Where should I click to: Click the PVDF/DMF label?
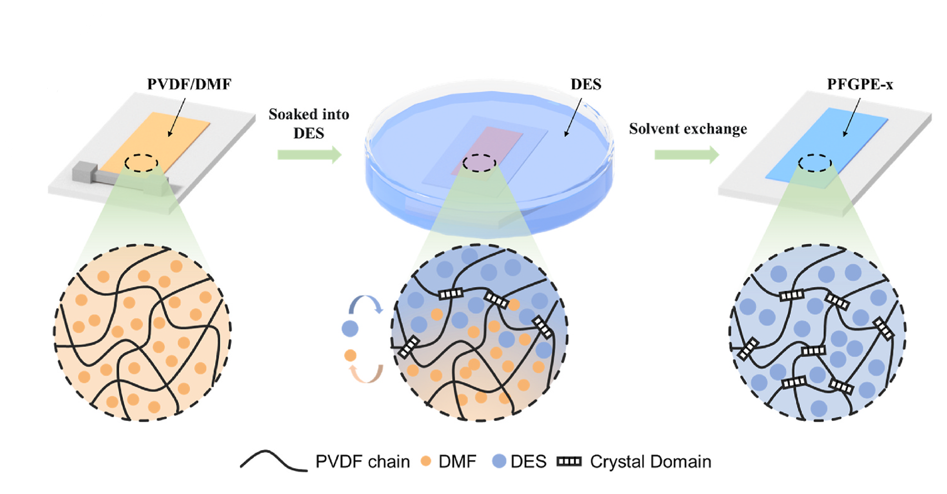(189, 84)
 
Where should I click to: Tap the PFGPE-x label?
(860, 84)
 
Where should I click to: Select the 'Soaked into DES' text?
(309, 123)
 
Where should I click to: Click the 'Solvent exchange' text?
(688, 129)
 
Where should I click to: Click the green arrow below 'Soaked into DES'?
(309, 154)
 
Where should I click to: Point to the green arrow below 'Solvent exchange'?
(686, 154)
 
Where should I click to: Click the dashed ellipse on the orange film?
(142, 163)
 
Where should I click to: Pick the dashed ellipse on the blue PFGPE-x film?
(815, 163)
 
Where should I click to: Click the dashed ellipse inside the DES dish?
(479, 163)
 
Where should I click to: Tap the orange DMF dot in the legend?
(426, 461)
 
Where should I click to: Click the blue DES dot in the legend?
(499, 461)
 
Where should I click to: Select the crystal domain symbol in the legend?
(569, 461)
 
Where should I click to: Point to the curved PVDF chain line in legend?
(274, 461)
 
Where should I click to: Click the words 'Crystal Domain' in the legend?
(651, 461)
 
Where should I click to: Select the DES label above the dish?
(586, 84)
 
